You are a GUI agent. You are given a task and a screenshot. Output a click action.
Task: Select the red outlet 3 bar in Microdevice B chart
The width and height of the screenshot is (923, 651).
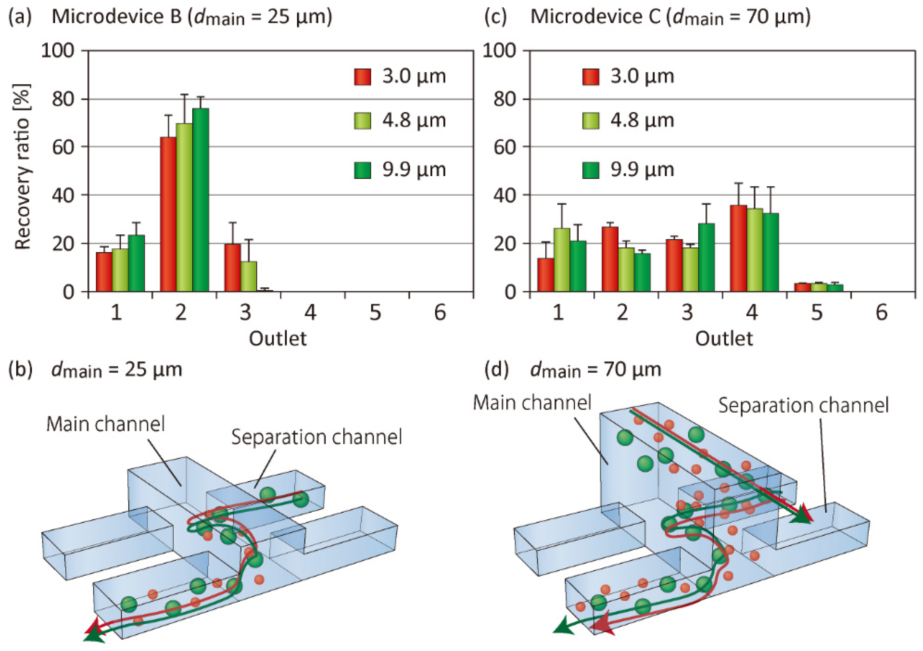point(232,267)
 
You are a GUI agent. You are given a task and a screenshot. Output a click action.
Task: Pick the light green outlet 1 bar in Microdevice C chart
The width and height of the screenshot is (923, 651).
point(562,260)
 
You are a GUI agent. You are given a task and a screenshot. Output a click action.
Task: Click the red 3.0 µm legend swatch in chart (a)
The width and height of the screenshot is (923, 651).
point(362,76)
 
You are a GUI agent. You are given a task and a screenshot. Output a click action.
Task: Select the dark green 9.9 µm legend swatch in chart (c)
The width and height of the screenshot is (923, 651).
point(591,170)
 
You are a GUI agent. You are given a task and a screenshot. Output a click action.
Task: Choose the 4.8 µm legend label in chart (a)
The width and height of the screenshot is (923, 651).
point(414,121)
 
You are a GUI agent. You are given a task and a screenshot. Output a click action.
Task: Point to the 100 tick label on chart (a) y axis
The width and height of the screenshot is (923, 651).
point(58,51)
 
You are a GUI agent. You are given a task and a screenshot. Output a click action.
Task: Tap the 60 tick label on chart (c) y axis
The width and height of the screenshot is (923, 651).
point(505,147)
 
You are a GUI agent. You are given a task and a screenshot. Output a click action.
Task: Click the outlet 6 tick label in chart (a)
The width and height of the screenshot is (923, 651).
point(440,313)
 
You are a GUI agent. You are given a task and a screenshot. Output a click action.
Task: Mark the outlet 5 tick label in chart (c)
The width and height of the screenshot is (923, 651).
point(817,313)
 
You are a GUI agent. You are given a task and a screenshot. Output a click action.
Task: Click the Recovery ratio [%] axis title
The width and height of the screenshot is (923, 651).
point(22,166)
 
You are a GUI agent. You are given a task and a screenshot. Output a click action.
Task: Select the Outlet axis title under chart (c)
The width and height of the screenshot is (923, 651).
point(724,339)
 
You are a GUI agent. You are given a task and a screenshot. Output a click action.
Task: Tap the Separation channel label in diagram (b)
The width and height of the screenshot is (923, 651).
point(317,437)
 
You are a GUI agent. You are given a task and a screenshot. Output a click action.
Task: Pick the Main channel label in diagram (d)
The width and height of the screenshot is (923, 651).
point(532,403)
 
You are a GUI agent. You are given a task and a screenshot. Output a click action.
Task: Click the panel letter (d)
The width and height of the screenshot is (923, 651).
point(497,369)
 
